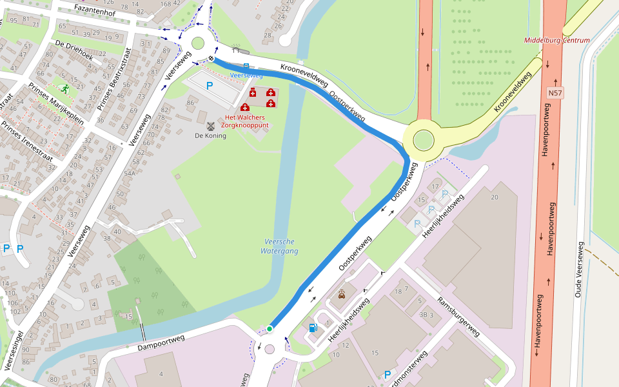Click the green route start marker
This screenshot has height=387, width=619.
[270, 329]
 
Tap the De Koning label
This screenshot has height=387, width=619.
[210, 135]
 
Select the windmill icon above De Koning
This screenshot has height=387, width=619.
[211, 124]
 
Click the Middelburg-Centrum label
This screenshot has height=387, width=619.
[556, 40]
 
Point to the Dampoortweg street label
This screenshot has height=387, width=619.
[162, 343]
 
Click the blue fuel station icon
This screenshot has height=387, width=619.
[313, 327]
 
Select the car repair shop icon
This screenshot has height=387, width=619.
[341, 295]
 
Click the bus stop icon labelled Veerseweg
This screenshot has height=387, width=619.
[246, 66]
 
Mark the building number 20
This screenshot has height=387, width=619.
[495, 197]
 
